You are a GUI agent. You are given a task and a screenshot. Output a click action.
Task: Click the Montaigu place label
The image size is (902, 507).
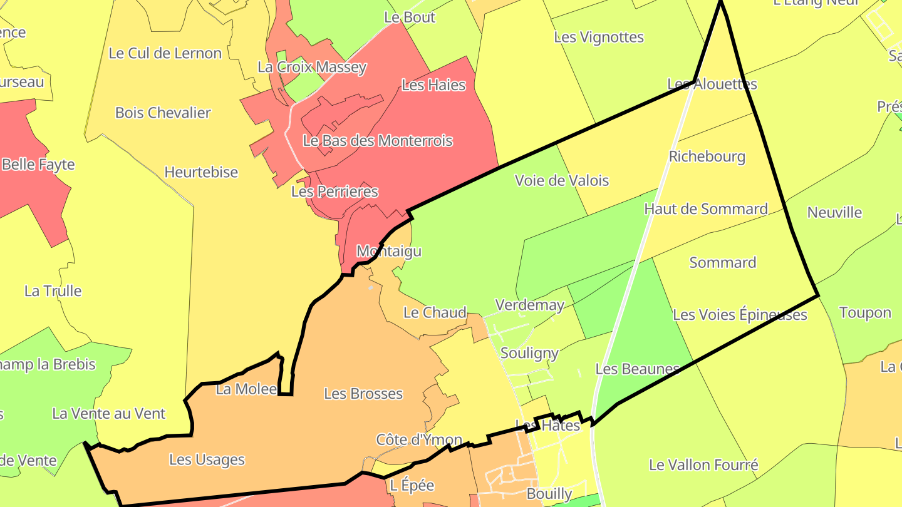(x=389, y=251)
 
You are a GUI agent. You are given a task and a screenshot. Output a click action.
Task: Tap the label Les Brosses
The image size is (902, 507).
(x=363, y=394)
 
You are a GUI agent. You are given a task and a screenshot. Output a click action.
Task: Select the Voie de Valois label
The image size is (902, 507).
(x=561, y=180)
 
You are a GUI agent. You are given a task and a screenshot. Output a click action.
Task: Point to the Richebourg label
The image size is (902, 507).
(x=707, y=156)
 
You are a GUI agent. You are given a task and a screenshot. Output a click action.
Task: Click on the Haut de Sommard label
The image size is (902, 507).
(x=706, y=208)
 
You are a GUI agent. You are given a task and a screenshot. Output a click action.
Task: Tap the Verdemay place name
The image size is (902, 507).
(x=530, y=305)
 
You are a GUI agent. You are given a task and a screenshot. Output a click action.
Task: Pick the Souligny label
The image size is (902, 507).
(x=529, y=353)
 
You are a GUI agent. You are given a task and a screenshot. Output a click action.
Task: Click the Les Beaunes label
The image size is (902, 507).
(x=637, y=369)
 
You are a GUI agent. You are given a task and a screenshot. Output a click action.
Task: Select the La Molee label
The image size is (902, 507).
(x=246, y=389)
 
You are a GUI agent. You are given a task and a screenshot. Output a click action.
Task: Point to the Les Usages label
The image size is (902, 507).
(x=207, y=459)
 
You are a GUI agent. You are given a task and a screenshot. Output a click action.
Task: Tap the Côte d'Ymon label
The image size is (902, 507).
(x=419, y=439)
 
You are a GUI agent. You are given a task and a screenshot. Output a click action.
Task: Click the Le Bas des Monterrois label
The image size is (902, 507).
(x=378, y=141)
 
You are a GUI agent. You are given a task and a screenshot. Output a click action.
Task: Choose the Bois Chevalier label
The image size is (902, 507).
(x=163, y=113)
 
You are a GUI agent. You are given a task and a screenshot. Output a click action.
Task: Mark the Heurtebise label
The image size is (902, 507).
(x=201, y=172)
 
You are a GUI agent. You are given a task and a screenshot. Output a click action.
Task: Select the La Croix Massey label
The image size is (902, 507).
(x=312, y=67)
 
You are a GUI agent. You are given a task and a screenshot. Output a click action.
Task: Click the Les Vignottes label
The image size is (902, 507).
(x=599, y=37)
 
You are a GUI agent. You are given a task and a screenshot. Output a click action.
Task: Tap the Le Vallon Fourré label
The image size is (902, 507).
(x=703, y=464)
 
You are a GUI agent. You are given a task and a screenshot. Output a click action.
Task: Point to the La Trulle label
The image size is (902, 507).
(x=53, y=290)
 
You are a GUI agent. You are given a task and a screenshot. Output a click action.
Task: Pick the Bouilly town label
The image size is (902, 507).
(x=549, y=494)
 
